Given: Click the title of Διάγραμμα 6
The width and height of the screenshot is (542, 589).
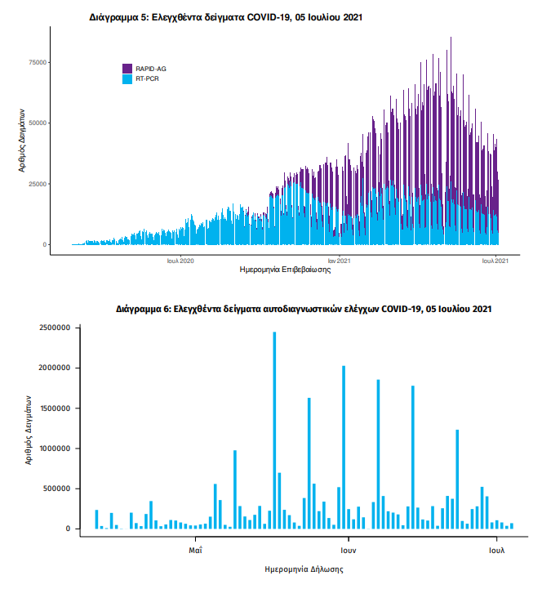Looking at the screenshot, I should (x=303, y=310).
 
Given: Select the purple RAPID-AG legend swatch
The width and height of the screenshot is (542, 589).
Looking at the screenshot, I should (x=127, y=69).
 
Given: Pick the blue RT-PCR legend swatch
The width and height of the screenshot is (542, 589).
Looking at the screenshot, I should (x=127, y=79).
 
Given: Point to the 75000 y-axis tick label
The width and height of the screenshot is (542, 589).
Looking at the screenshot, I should (x=38, y=62).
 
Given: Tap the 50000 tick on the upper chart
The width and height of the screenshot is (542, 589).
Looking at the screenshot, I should (x=38, y=123).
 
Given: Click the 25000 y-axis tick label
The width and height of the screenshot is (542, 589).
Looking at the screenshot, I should (x=38, y=184).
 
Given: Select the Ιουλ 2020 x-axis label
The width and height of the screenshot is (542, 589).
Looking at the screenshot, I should (x=180, y=261).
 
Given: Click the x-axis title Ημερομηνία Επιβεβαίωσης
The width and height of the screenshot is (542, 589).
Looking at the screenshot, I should (x=285, y=270).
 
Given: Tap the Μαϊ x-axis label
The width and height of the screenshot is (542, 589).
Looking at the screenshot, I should (x=195, y=549).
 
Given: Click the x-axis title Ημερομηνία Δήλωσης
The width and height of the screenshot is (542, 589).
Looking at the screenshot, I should (x=304, y=569).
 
